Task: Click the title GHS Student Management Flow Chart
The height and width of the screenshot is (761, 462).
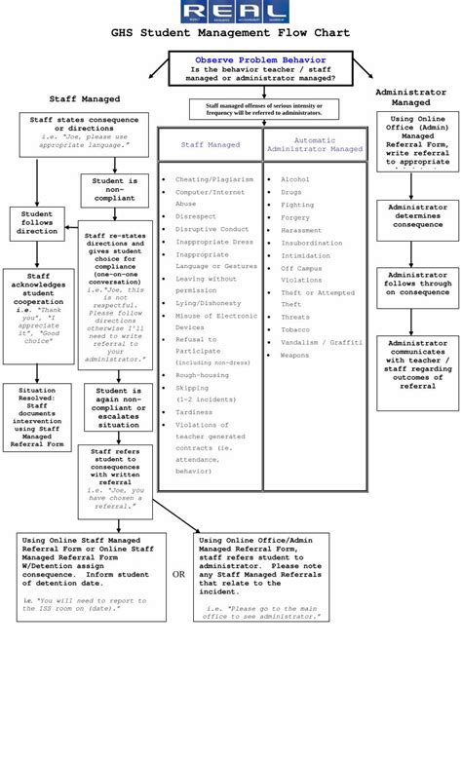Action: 230,33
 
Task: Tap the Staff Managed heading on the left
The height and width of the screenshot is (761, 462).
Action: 85,98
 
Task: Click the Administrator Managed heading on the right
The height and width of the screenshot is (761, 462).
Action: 410,96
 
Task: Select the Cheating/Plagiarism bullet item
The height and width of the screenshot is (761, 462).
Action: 214,179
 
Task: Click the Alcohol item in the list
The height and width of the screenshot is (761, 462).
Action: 295,179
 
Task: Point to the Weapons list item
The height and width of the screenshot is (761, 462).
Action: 295,356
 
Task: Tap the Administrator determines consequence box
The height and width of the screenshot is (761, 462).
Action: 417,216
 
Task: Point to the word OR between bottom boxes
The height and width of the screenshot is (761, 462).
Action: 179,574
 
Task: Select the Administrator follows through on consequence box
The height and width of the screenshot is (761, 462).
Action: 417,284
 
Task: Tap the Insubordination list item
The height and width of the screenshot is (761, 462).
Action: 311,243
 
